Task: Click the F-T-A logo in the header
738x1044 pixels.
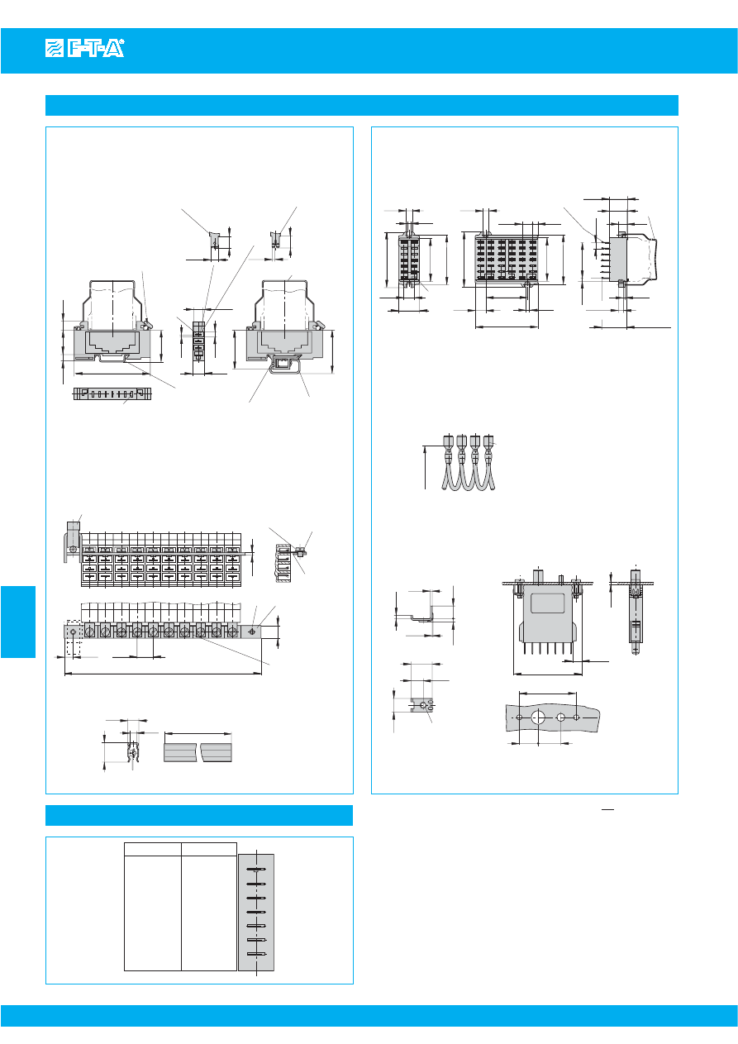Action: (83, 50)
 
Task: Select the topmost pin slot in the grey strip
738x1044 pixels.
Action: (256, 870)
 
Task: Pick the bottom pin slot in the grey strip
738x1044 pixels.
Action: (256, 956)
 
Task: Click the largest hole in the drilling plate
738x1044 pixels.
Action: (539, 717)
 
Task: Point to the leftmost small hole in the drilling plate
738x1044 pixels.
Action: (519, 717)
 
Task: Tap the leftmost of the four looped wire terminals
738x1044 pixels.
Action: (448, 442)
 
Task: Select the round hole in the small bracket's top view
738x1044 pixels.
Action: (422, 706)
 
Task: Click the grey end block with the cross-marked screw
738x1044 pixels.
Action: (251, 632)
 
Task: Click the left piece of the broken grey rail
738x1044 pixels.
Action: (181, 752)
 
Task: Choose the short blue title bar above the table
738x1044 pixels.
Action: (199, 815)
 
